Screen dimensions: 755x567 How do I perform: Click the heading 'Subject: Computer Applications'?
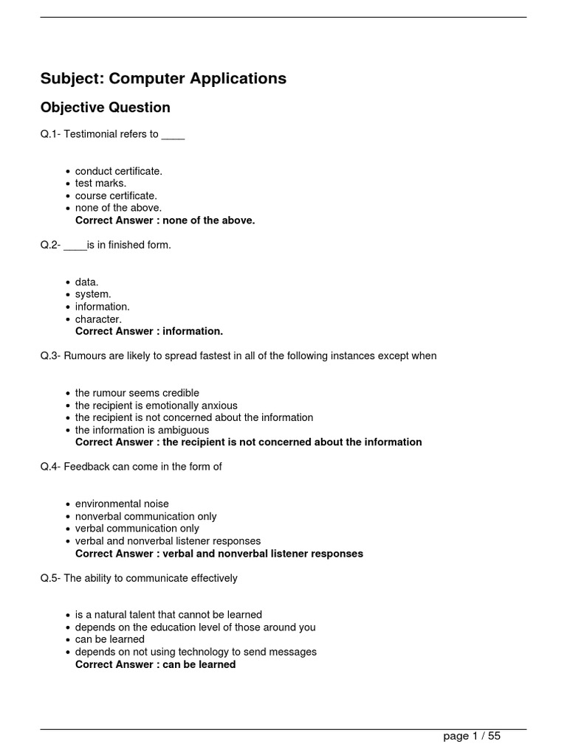163,78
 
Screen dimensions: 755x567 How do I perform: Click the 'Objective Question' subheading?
105,108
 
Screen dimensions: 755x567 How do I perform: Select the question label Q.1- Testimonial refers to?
112,134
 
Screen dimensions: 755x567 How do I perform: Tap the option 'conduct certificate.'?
118,171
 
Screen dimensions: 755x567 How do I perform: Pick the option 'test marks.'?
100,183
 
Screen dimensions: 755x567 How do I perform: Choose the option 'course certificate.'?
116,195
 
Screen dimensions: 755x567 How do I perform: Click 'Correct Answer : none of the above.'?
165,220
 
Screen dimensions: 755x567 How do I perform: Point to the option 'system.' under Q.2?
93,294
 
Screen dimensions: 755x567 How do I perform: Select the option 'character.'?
98,319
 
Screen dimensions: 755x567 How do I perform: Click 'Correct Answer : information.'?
149,331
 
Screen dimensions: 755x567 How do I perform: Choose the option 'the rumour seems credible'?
137,393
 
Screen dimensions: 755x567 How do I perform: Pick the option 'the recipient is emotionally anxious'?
157,406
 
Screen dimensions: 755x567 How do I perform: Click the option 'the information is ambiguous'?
142,430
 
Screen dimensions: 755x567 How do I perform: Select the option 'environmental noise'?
122,504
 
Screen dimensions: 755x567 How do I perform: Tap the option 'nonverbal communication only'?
146,517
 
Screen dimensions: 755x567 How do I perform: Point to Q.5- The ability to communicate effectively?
139,579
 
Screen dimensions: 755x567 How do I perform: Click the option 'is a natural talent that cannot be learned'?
168,615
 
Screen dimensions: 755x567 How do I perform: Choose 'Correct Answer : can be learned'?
156,664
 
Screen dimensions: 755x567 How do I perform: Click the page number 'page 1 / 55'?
472,736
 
